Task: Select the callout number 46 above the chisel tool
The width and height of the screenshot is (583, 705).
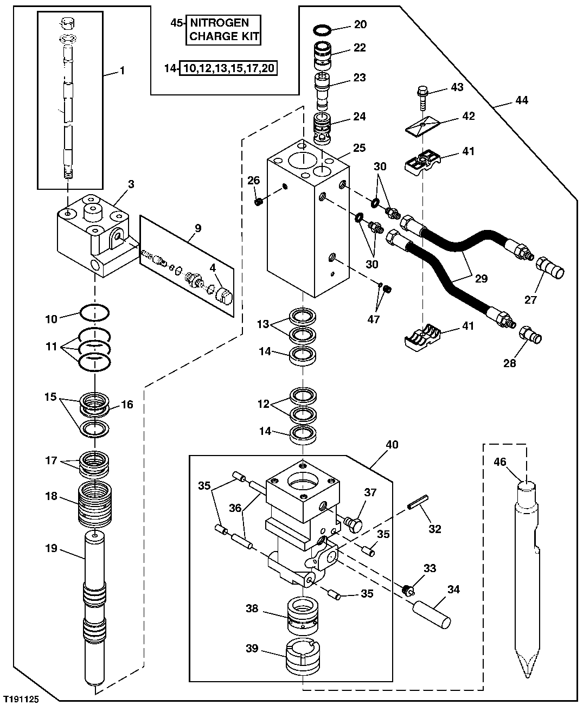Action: point(499,462)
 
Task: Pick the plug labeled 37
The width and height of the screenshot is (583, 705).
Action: point(353,524)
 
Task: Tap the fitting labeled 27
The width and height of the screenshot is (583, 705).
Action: point(549,266)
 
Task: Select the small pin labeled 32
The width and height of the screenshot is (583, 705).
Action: point(419,502)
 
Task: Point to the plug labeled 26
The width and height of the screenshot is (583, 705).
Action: point(259,202)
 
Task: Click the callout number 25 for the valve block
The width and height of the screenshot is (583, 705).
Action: point(359,148)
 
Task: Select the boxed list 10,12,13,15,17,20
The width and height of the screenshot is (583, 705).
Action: point(228,68)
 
